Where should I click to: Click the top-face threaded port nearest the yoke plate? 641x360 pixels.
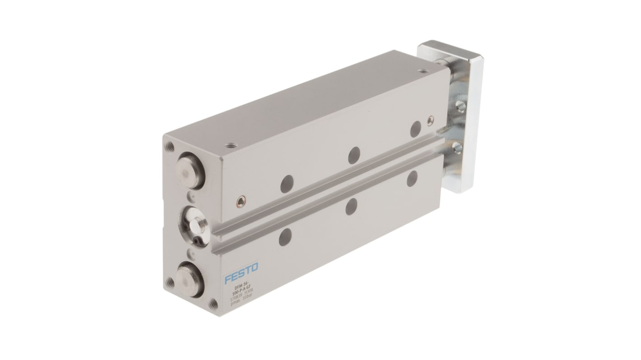coord(422,71)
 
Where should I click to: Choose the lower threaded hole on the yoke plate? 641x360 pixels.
coord(458,147)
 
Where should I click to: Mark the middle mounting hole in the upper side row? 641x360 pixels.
coord(353,154)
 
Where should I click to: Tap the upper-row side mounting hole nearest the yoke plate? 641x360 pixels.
coord(414,129)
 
